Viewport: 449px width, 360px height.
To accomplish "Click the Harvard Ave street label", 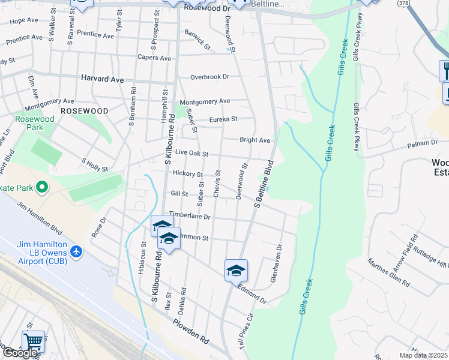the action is point(102,79).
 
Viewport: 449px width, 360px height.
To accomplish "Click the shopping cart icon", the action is point(33,341).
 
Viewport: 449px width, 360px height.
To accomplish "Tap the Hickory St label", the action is point(188,174).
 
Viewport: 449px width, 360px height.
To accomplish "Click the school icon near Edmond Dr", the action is point(236,271).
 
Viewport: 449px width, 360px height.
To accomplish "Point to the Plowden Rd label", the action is point(191,331).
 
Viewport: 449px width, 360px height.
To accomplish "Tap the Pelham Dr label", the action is point(423,143).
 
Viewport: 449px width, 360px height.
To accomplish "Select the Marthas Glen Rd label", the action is point(389,272).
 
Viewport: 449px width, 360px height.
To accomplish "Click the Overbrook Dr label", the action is point(210,77).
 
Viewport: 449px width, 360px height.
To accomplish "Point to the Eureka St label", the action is point(223,119).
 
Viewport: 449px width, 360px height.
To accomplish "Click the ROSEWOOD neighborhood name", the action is point(84,111).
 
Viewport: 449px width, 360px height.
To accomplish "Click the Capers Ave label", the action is point(154,58).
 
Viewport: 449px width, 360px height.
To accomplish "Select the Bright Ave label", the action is point(255,140).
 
